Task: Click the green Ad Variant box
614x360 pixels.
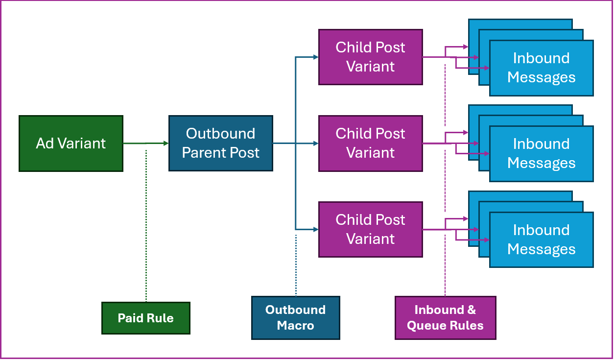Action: tap(71, 144)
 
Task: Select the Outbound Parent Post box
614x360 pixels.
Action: tap(221, 144)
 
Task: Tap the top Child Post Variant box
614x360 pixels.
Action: tap(371, 57)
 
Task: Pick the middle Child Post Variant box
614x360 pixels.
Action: tap(371, 144)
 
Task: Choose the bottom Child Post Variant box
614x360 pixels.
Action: tap(371, 230)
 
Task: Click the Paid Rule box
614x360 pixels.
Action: tap(146, 318)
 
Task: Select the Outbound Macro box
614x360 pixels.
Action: tap(296, 318)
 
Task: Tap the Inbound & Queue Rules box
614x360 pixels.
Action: tap(446, 318)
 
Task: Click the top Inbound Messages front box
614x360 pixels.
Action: tap(542, 68)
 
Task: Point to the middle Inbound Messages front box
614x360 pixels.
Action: tap(542, 154)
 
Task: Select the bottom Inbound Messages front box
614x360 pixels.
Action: tap(542, 240)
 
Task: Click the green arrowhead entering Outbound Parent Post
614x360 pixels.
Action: tap(166, 144)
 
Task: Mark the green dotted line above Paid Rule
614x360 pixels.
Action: tap(146, 226)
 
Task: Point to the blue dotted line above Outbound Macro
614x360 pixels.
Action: tap(296, 265)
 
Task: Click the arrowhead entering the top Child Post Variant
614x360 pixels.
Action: tap(316, 57)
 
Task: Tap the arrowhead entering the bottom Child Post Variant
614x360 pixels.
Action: tap(316, 230)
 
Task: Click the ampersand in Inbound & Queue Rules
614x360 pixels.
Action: tap(472, 310)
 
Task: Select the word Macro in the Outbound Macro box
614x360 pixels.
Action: tap(295, 325)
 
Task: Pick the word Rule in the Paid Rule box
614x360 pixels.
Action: tap(160, 318)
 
